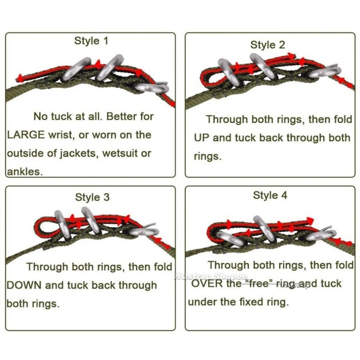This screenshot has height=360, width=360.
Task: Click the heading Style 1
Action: click(91, 41)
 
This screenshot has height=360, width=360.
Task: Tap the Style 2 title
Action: click(267, 45)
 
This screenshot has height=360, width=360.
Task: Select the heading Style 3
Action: click(92, 197)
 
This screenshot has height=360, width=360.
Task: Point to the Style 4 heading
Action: click(270, 195)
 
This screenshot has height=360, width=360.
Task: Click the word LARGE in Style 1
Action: click(26, 135)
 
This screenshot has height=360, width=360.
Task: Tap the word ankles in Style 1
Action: click(25, 171)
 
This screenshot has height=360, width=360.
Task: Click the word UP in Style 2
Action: click(202, 138)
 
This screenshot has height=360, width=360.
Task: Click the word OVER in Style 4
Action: click(207, 284)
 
